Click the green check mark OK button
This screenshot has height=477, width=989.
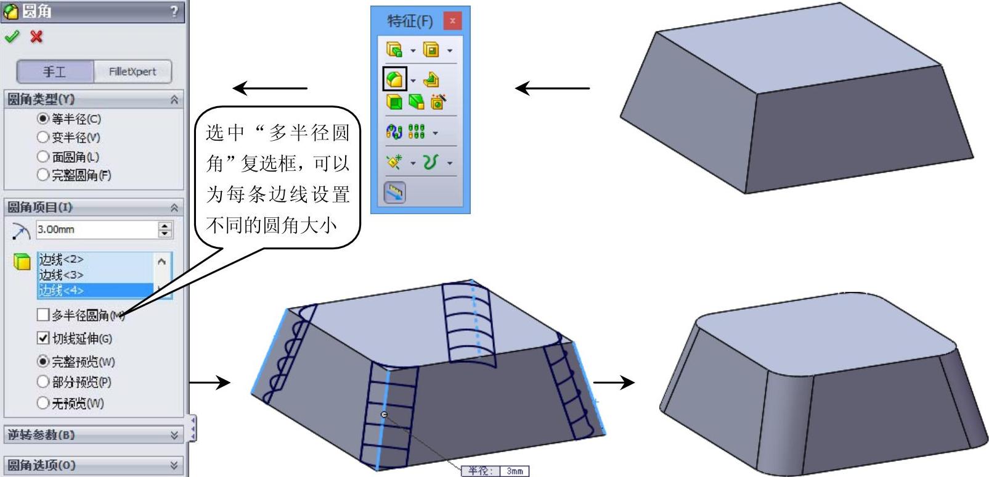pyautogui.click(x=12, y=37)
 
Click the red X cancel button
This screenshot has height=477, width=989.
pyautogui.click(x=36, y=37)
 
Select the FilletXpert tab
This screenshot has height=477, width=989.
pyautogui.click(x=132, y=72)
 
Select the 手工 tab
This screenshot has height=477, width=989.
pyautogui.click(x=55, y=72)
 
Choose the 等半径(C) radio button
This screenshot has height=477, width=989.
pyautogui.click(x=43, y=118)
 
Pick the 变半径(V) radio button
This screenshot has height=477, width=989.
pyautogui.click(x=43, y=137)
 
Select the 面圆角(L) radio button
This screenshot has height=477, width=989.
pyautogui.click(x=43, y=157)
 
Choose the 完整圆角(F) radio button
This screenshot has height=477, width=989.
pyautogui.click(x=43, y=175)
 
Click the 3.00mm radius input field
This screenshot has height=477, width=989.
pyautogui.click(x=96, y=230)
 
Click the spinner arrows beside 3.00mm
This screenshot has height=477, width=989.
pyautogui.click(x=165, y=230)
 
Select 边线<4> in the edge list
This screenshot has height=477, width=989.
pyautogui.click(x=62, y=290)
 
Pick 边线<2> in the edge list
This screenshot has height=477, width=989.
pyautogui.click(x=62, y=259)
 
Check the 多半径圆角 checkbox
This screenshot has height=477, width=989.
pyautogui.click(x=43, y=315)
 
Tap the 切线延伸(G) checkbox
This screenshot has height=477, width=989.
pyautogui.click(x=43, y=338)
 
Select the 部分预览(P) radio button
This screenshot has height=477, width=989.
pyautogui.click(x=43, y=382)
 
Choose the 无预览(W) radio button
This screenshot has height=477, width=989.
pyautogui.click(x=43, y=403)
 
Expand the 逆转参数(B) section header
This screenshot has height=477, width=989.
pyautogui.click(x=92, y=434)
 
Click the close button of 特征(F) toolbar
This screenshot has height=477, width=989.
pyautogui.click(x=452, y=21)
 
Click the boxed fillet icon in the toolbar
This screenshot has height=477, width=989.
pyautogui.click(x=394, y=79)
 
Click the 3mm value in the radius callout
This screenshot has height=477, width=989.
pyautogui.click(x=515, y=471)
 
